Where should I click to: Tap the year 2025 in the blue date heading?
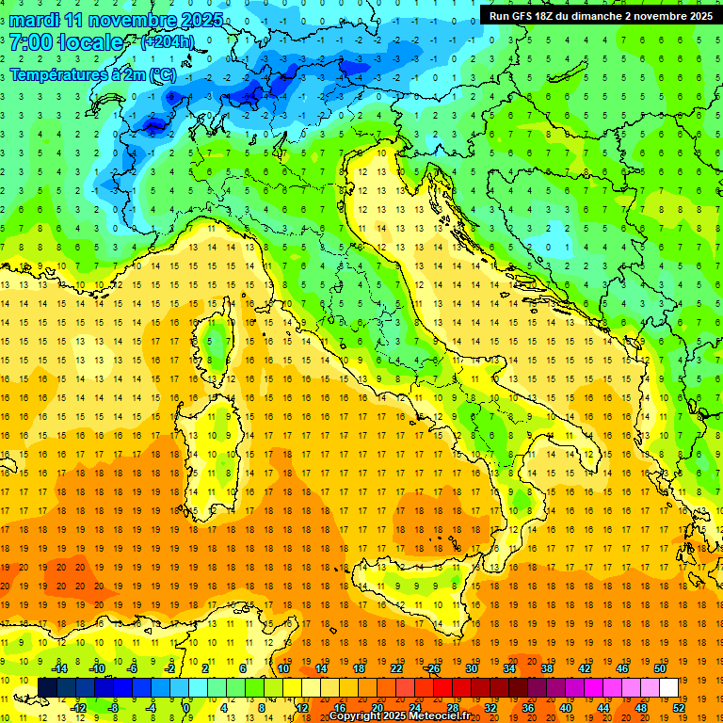(x=201, y=19)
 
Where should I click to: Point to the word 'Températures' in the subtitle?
(x=56, y=74)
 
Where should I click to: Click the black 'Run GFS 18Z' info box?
(x=601, y=15)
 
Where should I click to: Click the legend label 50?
(x=659, y=668)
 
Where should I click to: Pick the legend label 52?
(x=679, y=708)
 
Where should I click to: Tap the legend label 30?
(x=471, y=668)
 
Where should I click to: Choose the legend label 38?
(x=546, y=668)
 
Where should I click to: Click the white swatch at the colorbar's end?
(x=669, y=687)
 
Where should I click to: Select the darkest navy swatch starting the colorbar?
(x=47, y=687)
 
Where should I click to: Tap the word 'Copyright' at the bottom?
(x=354, y=716)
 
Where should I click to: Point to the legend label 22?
(x=395, y=668)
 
